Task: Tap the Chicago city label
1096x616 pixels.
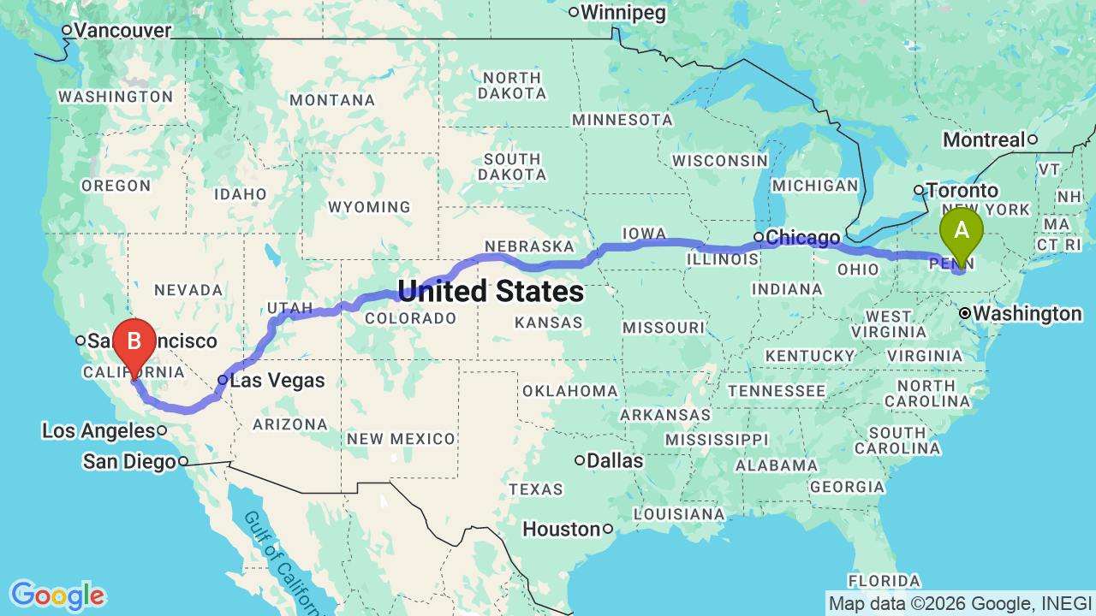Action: tap(802, 237)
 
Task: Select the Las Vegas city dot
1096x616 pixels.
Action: tap(223, 380)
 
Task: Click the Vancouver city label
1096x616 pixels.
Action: tap(122, 30)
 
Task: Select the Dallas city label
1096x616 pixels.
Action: tap(615, 460)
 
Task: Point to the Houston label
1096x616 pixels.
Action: tap(562, 529)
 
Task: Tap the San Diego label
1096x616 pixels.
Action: tap(129, 462)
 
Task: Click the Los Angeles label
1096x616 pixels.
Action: tap(98, 430)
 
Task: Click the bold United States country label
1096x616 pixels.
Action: tap(491, 292)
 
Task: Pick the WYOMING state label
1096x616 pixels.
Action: tap(369, 207)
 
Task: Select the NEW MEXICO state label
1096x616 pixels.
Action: tap(401, 439)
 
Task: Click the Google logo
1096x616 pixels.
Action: tap(57, 595)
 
